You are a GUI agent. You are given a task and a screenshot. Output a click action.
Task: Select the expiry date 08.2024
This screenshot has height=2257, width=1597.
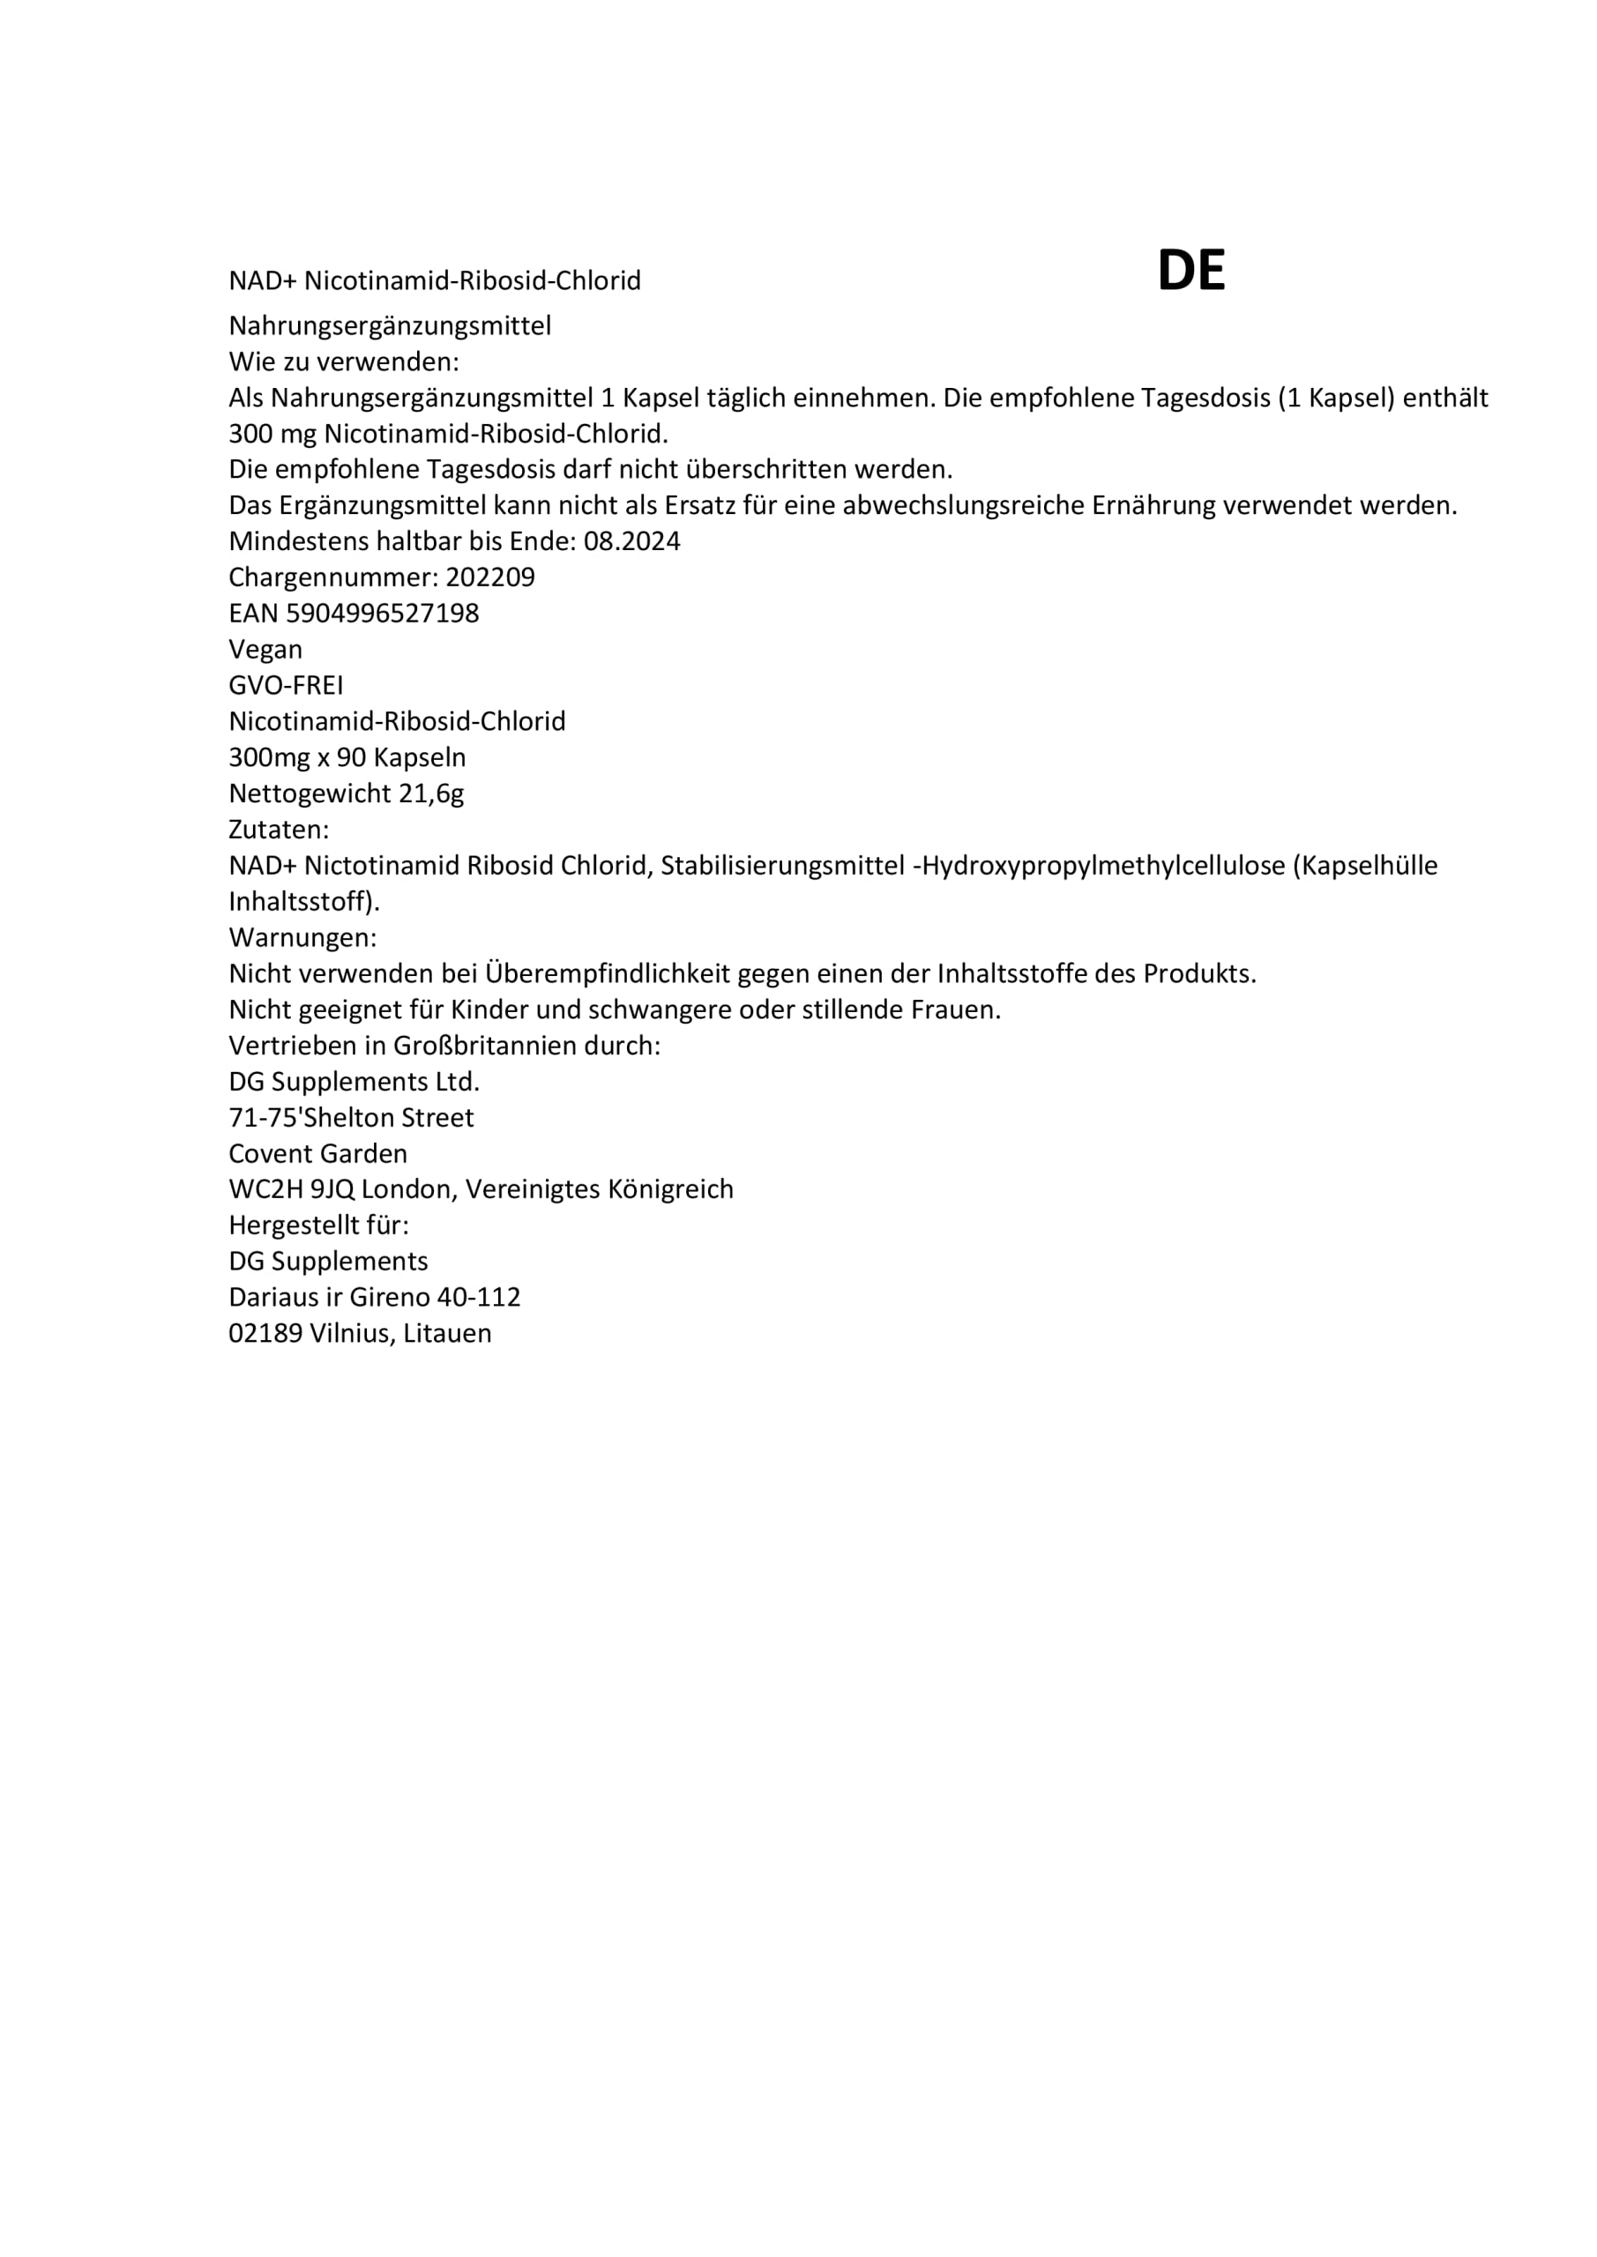pyautogui.click(x=631, y=541)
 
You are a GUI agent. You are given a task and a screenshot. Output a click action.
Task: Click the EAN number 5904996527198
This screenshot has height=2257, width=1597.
pyautogui.click(x=382, y=614)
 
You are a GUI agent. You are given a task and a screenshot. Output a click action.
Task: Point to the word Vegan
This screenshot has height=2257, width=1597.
pyautogui.click(x=265, y=650)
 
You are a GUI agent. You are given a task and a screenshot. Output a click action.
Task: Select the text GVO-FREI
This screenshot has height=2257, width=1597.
pyautogui.click(x=287, y=685)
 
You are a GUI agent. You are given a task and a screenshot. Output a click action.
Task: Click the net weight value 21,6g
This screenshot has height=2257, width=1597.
pyautogui.click(x=430, y=793)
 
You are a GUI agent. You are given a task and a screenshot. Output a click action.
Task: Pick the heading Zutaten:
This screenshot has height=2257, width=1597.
pyautogui.click(x=279, y=830)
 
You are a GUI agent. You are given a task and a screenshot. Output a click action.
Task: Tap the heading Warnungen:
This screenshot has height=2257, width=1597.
pyautogui.click(x=302, y=938)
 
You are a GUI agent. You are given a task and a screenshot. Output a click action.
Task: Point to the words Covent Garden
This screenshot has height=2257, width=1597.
pyautogui.click(x=317, y=1153)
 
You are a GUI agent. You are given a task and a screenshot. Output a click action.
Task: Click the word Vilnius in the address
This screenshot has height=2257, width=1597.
pyautogui.click(x=352, y=1334)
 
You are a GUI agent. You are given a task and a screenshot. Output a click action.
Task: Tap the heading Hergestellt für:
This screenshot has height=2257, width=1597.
pyautogui.click(x=318, y=1225)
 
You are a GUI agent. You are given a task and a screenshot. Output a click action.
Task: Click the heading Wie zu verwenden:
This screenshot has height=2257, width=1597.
pyautogui.click(x=344, y=361)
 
